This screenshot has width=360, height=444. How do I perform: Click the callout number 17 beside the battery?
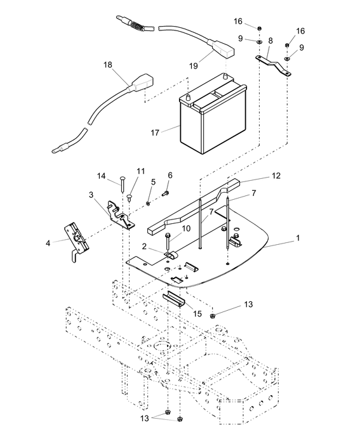155,133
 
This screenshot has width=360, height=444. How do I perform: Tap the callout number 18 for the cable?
108,65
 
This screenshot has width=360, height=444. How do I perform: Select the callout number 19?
193,66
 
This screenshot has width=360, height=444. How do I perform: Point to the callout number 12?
276,176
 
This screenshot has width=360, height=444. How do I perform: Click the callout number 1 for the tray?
298,238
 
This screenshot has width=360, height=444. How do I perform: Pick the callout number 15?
197,313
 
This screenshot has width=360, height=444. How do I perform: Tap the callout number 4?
48,243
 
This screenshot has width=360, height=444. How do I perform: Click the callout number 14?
101,176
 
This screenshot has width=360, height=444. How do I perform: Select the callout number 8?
270,41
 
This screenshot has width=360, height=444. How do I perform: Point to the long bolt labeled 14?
122,185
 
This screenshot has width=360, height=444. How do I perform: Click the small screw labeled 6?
165,193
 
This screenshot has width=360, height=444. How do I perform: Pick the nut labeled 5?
148,204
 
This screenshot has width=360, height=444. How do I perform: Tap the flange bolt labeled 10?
167,241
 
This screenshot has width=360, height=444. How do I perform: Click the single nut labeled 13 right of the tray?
212,315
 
